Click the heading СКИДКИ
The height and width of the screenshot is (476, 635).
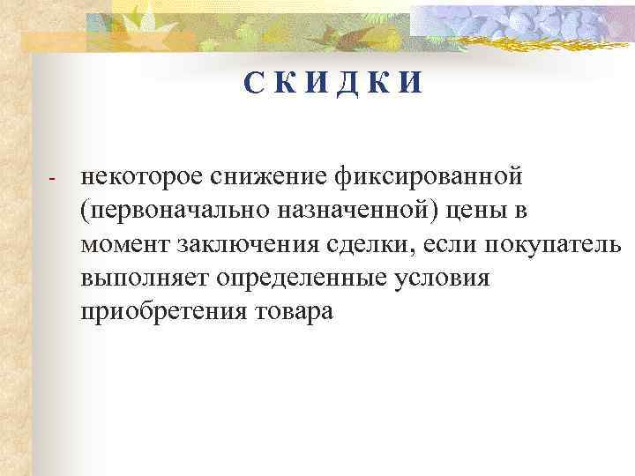click(334, 85)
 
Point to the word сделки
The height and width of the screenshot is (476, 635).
click(368, 244)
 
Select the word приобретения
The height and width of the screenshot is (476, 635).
click(166, 312)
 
